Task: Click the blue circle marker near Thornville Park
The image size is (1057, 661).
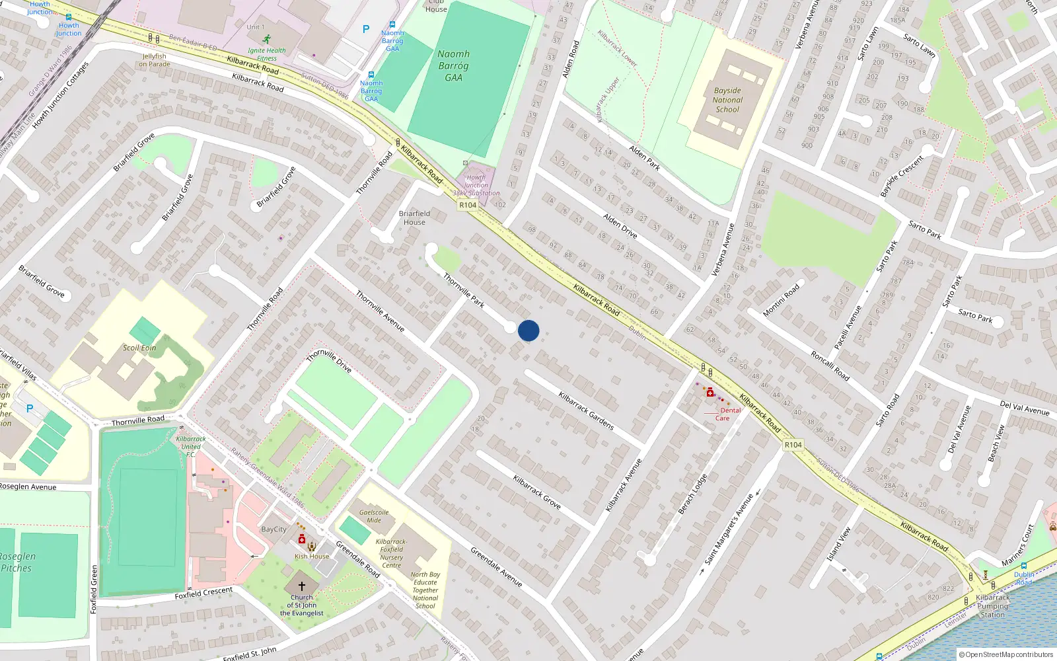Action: [528, 330]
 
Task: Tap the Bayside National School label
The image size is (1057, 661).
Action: [727, 100]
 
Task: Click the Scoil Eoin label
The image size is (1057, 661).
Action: [139, 348]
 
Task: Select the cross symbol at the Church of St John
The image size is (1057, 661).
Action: [302, 586]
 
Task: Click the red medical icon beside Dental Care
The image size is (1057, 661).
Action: [710, 393]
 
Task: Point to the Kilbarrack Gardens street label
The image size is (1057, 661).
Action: [586, 410]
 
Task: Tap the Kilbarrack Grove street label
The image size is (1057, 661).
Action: [537, 492]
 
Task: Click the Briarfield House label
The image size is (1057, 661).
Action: [414, 217]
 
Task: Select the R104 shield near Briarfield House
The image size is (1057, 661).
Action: [468, 205]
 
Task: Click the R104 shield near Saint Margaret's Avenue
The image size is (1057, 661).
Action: [793, 445]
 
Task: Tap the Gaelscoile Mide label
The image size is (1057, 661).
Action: [374, 516]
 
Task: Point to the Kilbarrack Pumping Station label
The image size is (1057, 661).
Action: [992, 605]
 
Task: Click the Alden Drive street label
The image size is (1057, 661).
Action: [620, 225]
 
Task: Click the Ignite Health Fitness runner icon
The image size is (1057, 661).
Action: [267, 40]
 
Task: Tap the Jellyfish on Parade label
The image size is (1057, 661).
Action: [155, 60]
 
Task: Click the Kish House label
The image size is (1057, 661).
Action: [312, 556]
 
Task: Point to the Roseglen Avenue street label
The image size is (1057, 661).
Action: [28, 486]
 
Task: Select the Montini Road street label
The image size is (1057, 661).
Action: [782, 299]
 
